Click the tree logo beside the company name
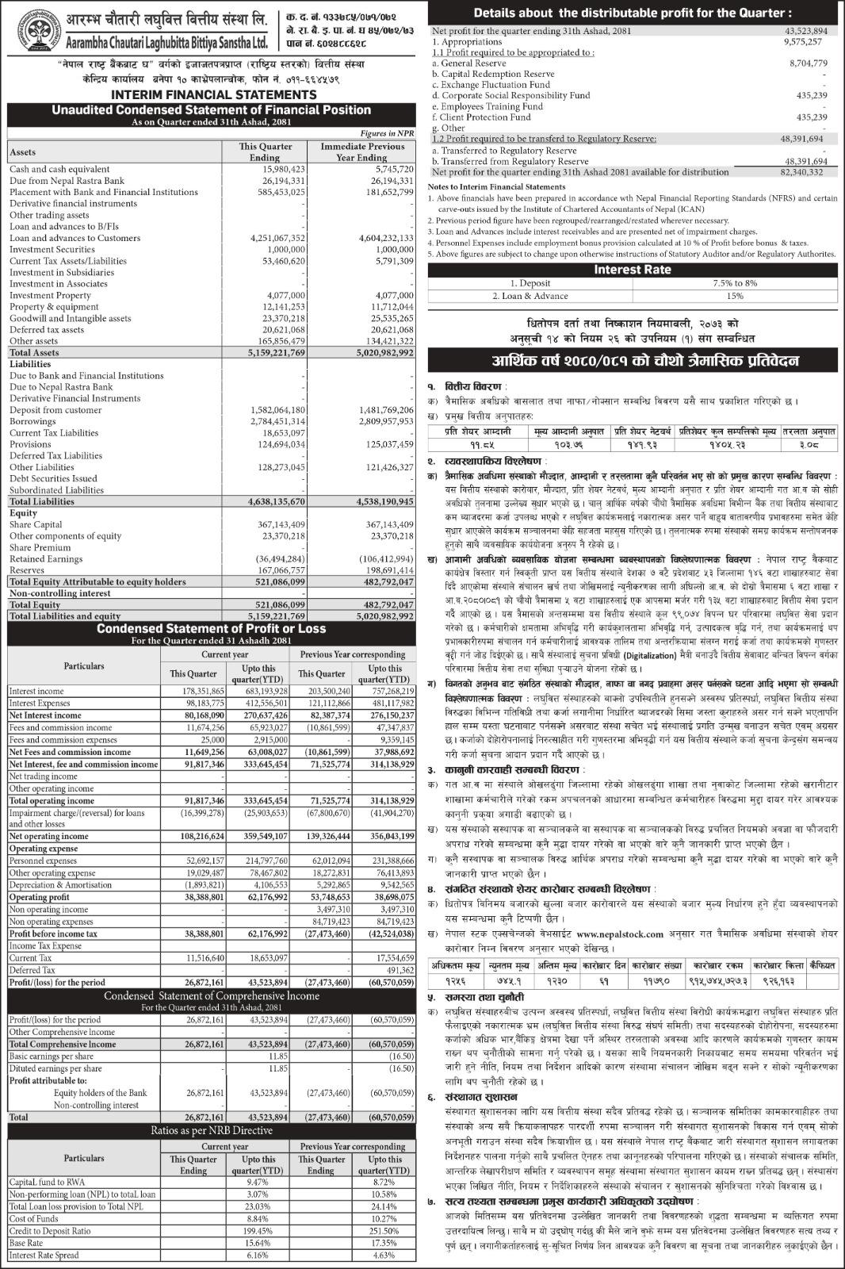click(x=24, y=31)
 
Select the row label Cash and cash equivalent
click(x=59, y=169)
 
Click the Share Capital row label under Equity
click(x=36, y=525)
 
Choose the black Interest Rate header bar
click(x=633, y=270)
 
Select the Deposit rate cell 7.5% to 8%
click(x=734, y=283)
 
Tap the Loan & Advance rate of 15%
click(x=734, y=296)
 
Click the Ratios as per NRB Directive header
click(x=212, y=1129)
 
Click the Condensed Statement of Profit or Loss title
click(x=211, y=629)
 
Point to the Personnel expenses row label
click(x=43, y=861)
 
